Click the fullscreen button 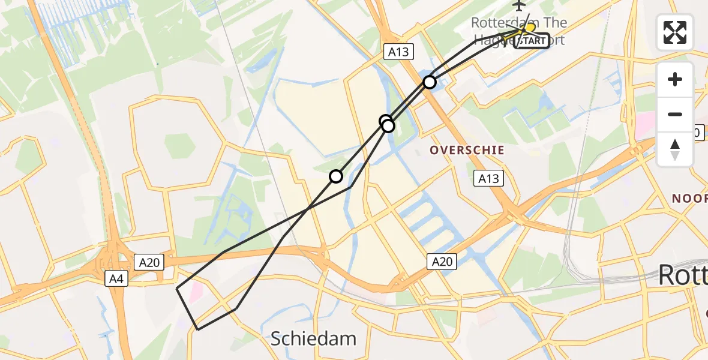point(675,32)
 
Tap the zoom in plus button point(675,80)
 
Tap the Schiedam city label point(313,338)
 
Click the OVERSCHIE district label point(467,150)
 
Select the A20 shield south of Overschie point(442,262)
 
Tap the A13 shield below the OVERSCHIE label point(487,178)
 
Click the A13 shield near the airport point(398,52)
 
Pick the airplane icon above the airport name point(520,5)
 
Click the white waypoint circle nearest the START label point(430,82)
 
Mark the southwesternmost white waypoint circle point(336,176)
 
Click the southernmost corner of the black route point(198,329)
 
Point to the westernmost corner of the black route point(177,289)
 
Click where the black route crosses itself point(308,209)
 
